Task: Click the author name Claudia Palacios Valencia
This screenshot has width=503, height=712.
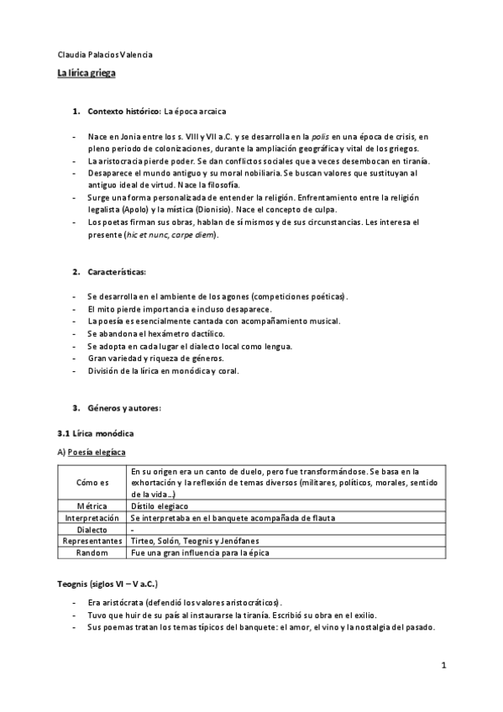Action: click(x=104, y=55)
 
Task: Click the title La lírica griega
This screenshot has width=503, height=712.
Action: click(x=86, y=74)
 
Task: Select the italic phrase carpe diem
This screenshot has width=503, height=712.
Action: click(x=191, y=234)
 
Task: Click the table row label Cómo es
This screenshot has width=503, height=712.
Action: click(x=92, y=483)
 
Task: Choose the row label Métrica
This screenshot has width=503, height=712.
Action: click(x=92, y=506)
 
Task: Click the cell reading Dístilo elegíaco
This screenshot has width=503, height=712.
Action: click(x=160, y=506)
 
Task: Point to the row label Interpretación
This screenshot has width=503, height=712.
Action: click(x=92, y=519)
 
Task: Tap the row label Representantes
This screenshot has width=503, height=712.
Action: click(x=92, y=542)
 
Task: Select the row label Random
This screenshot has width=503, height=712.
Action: click(x=92, y=553)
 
